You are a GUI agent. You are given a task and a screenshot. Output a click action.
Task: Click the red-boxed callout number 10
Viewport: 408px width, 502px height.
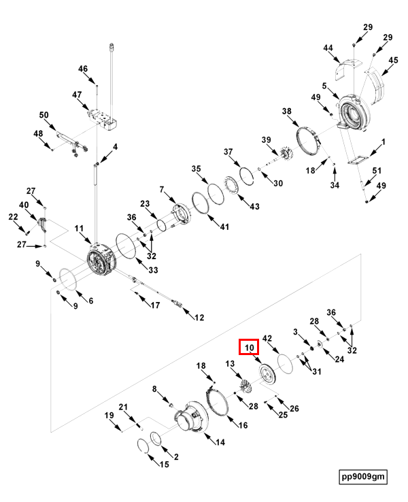click(x=249, y=348)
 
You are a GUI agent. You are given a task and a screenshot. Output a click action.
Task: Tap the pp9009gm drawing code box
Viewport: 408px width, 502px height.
click(x=363, y=476)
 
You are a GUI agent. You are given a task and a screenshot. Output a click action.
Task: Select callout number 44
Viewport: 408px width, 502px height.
click(x=328, y=48)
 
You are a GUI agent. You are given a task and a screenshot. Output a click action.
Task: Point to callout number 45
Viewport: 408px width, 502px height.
click(x=393, y=61)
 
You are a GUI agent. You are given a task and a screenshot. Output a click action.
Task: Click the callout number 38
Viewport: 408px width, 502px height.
click(x=287, y=112)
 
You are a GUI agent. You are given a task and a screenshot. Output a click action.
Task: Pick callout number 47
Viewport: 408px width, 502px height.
click(x=77, y=95)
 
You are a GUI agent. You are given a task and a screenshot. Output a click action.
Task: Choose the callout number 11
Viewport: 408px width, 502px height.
click(x=79, y=229)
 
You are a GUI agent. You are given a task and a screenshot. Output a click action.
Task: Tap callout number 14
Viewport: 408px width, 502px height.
click(x=220, y=442)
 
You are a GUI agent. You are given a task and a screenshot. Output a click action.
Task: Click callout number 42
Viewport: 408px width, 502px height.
click(x=267, y=338)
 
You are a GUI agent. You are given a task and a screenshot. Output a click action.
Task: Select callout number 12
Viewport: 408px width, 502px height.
click(x=199, y=318)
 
